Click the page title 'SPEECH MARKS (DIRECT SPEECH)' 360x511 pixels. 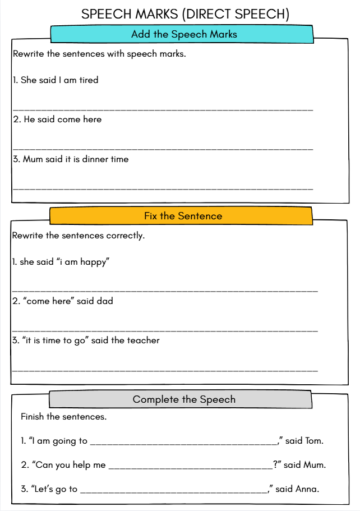pyautogui.click(x=185, y=14)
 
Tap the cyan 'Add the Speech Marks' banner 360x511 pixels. pyautogui.click(x=184, y=34)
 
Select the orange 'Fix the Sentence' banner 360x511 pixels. pyautogui.click(x=183, y=216)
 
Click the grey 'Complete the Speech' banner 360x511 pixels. pyautogui.click(x=184, y=399)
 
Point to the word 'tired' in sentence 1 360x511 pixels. pyautogui.click(x=89, y=80)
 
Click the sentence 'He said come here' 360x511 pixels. pyautogui.click(x=57, y=119)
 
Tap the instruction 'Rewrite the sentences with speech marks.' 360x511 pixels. pyautogui.click(x=99, y=54)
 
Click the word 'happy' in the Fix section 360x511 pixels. pyautogui.click(x=94, y=262)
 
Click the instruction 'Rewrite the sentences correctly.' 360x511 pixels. pyautogui.click(x=79, y=236)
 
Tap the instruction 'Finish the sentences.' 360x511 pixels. pyautogui.click(x=63, y=417)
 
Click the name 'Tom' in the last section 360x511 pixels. pyautogui.click(x=314, y=441)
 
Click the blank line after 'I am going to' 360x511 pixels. pyautogui.click(x=183, y=444)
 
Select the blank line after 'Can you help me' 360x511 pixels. pyautogui.click(x=190, y=468)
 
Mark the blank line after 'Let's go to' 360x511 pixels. pyautogui.click(x=174, y=492)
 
